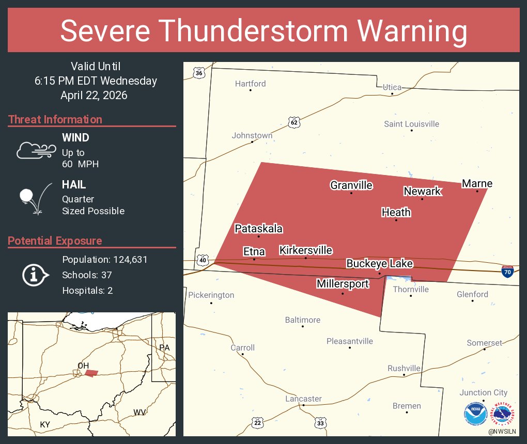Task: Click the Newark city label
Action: [x=422, y=191]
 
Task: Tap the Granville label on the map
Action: [x=351, y=185]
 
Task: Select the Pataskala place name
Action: [x=259, y=229]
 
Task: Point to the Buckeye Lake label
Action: [x=379, y=264]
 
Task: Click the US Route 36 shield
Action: [x=199, y=73]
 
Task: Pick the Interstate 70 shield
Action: [x=508, y=271]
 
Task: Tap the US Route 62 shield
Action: [x=294, y=122]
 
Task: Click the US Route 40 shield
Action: [x=203, y=260]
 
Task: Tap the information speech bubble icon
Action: [x=35, y=275]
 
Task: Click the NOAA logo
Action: [x=475, y=414]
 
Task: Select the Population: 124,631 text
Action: [x=105, y=260]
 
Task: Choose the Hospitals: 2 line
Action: [x=87, y=291]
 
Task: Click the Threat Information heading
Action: [x=55, y=120]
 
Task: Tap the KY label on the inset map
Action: [x=45, y=424]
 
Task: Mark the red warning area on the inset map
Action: [x=91, y=373]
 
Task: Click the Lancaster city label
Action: [x=303, y=399]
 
